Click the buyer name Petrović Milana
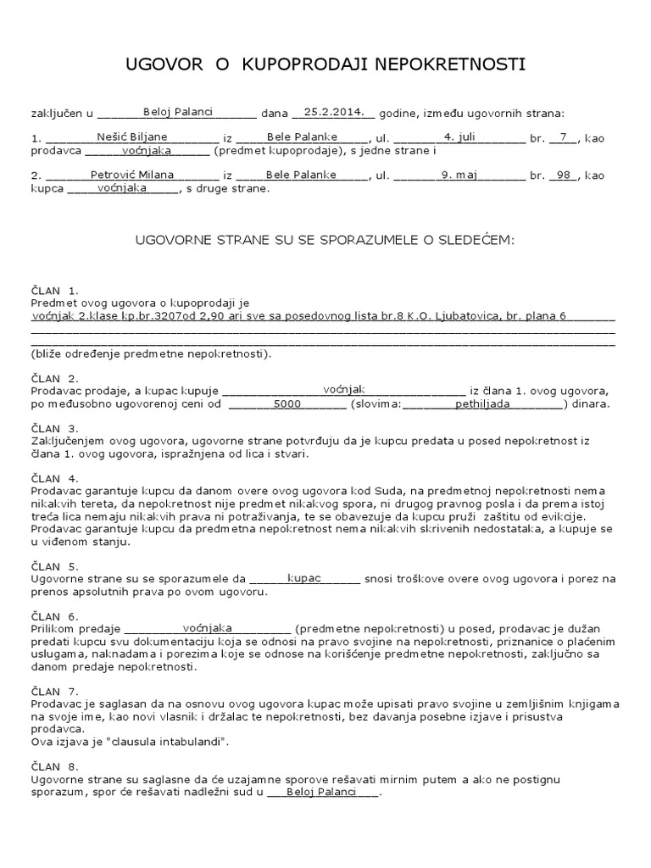point(132,175)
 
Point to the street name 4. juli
point(467,136)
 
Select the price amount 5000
point(287,405)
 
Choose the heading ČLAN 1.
point(54,291)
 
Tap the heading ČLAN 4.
point(54,478)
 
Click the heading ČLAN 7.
point(54,691)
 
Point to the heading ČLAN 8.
point(54,766)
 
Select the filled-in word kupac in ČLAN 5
point(304,578)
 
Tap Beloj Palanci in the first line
point(178,111)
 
